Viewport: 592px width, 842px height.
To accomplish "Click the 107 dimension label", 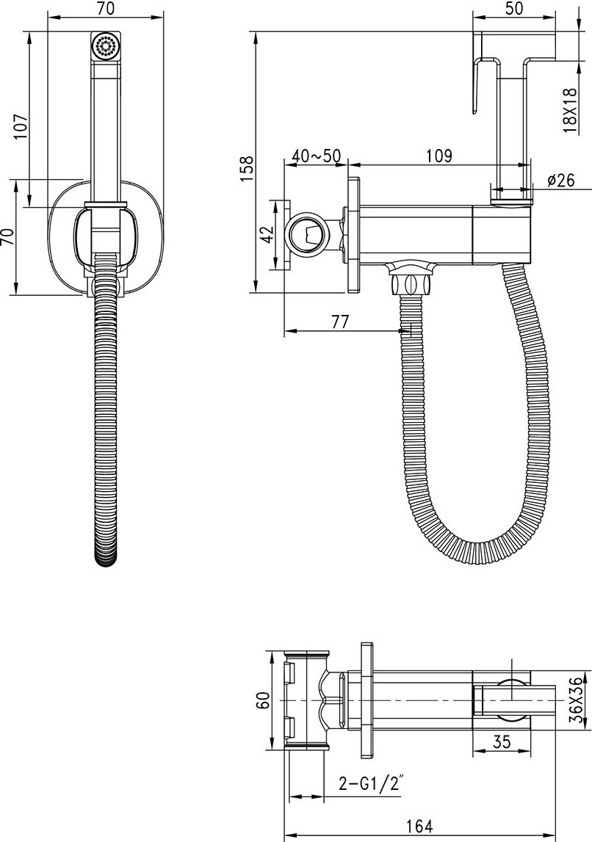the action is [x=21, y=126].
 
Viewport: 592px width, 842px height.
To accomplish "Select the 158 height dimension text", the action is [x=246, y=168].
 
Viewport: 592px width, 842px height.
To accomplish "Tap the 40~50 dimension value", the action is [x=317, y=156].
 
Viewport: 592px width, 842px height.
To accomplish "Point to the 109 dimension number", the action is [x=439, y=156].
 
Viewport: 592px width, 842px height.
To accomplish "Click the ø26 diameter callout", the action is [x=561, y=180].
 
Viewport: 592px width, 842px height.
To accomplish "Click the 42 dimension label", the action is [x=267, y=235].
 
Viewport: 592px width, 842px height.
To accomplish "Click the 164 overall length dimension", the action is [x=419, y=826].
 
